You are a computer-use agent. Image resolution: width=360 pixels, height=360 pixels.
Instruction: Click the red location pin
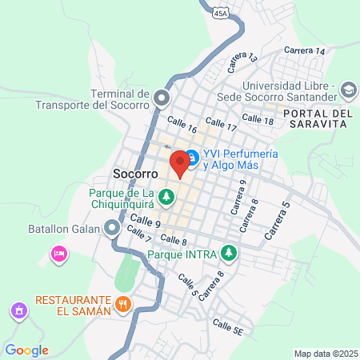[180, 163]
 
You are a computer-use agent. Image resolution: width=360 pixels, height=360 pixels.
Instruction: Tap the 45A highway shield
[222, 13]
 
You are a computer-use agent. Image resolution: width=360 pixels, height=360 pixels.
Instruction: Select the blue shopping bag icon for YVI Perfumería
[192, 158]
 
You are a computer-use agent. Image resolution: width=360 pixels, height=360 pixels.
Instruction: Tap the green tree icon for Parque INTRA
[230, 253]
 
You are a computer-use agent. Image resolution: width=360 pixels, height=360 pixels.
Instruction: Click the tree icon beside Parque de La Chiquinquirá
[166, 195]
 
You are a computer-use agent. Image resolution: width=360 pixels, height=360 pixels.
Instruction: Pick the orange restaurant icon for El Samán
[123, 303]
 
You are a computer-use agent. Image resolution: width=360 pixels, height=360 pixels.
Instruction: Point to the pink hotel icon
[58, 254]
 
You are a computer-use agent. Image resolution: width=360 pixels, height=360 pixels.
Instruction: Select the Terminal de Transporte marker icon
[162, 99]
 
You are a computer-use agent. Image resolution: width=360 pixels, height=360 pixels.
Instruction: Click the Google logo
[26, 350]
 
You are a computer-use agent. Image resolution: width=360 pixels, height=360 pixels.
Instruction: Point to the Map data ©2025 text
[324, 354]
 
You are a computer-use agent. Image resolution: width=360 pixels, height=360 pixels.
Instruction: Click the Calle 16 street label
[182, 126]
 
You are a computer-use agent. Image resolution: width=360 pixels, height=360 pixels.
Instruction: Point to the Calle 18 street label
[258, 119]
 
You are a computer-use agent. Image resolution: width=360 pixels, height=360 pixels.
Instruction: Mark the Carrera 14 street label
[309, 51]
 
